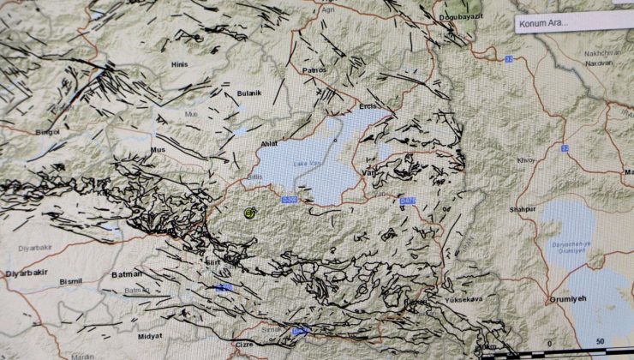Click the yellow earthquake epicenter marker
click(x=250, y=213)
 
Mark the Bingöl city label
click(x=47, y=132)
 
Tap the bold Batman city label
click(x=127, y=274)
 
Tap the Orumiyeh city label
click(x=567, y=300)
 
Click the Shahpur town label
click(x=523, y=209)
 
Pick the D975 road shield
click(x=407, y=201)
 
